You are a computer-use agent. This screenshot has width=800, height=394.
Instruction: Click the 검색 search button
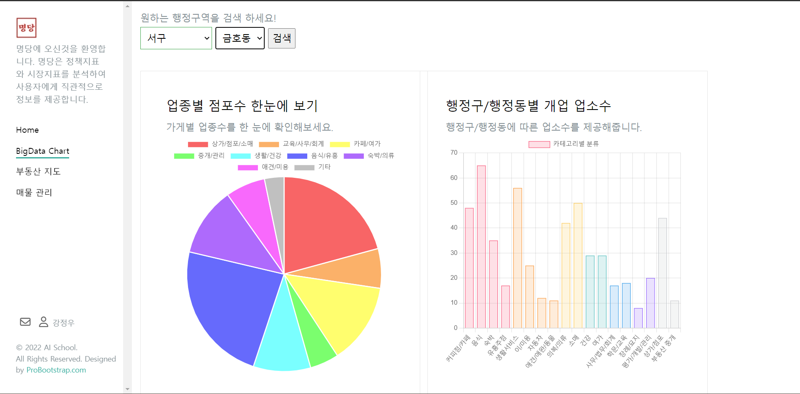click(x=282, y=38)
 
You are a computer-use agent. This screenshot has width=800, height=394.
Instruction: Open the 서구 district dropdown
click(x=176, y=38)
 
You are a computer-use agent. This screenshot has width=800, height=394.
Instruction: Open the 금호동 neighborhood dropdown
click(x=240, y=38)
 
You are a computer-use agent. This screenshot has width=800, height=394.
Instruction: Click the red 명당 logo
click(x=27, y=28)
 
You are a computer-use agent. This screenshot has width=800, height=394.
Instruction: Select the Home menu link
click(x=27, y=130)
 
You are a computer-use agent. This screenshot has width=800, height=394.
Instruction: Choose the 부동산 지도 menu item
click(x=38, y=172)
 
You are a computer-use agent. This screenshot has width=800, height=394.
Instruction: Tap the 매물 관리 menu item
click(x=34, y=193)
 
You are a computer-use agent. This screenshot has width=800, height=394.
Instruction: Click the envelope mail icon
click(x=25, y=322)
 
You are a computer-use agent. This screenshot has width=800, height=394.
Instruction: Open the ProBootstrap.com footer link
click(x=56, y=370)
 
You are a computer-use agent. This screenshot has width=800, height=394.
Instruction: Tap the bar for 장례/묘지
click(x=638, y=318)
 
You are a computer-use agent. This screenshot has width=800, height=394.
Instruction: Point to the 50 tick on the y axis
click(x=454, y=203)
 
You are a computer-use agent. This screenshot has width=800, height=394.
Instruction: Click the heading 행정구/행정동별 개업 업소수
click(x=529, y=106)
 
